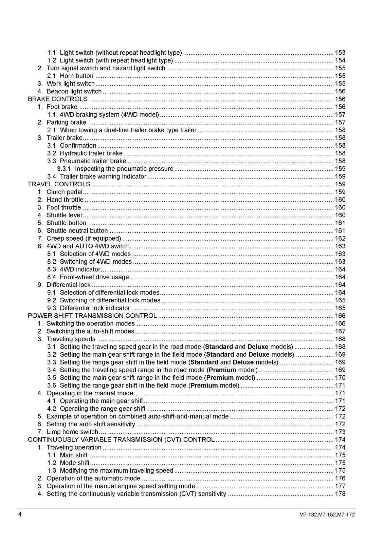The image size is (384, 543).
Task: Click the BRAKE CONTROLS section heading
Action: [x=57, y=99]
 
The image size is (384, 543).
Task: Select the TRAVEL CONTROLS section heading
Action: [x=59, y=184]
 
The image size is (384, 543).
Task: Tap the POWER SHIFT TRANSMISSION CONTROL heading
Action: [x=92, y=316]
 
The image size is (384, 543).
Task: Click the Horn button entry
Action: [x=76, y=76]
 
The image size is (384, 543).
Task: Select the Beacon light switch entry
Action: [x=74, y=91]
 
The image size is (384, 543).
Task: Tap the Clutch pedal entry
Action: [x=64, y=192]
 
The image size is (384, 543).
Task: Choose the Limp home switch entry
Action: [x=72, y=432]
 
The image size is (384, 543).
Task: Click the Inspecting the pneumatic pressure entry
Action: [x=124, y=169]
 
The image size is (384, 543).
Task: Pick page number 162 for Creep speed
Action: [x=340, y=239]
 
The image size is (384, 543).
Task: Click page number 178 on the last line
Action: [x=340, y=494]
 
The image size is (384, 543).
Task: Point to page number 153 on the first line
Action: [x=340, y=53]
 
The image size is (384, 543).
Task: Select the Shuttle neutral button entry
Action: [x=77, y=231]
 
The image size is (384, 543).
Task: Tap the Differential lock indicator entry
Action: [x=95, y=308]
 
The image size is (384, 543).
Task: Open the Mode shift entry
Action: [x=74, y=463]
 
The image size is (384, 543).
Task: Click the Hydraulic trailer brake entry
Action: [x=91, y=153]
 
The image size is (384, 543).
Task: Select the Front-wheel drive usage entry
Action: [x=94, y=277]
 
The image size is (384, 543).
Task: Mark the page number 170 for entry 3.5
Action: [x=340, y=378]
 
